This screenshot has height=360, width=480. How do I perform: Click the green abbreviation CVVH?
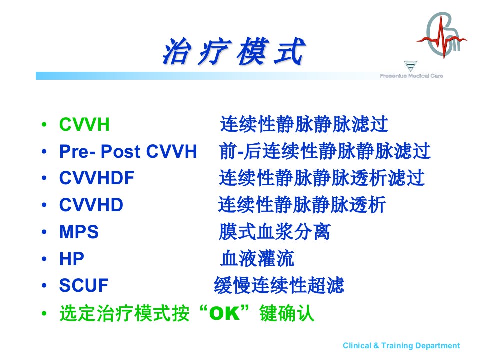click(84, 124)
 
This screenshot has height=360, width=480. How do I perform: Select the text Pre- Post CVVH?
click(128, 151)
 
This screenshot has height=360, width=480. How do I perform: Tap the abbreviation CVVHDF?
click(97, 178)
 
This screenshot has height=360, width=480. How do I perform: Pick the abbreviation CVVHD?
click(91, 205)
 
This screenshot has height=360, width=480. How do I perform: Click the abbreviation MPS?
click(79, 232)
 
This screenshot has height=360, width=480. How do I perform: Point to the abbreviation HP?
click(71, 259)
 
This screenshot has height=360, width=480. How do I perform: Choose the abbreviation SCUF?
click(84, 285)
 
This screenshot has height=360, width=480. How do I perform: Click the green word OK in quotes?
click(224, 313)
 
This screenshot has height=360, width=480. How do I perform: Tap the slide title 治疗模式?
click(234, 51)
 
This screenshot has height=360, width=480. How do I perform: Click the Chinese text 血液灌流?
click(257, 259)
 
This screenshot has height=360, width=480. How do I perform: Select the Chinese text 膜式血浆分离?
click(275, 232)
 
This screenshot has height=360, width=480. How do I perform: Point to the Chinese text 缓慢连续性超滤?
click(279, 285)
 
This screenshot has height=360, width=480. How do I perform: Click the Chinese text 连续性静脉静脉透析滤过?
click(321, 178)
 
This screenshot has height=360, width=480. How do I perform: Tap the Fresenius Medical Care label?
click(411, 76)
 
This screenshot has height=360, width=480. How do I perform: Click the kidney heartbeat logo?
click(441, 35)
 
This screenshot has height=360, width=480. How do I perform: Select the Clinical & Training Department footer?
click(401, 346)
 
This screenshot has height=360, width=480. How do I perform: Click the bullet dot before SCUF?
click(44, 286)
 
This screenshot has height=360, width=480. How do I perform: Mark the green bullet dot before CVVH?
click(44, 125)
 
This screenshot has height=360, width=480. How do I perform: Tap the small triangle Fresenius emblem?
click(410, 66)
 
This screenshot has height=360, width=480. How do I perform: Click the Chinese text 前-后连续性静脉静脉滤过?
click(325, 151)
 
